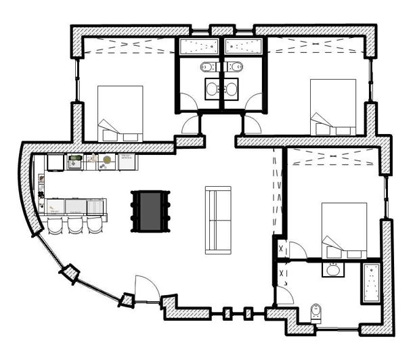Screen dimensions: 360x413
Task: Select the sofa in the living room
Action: (218, 220)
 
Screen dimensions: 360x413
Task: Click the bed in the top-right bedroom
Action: (332, 107)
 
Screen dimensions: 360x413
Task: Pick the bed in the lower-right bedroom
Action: (344, 230)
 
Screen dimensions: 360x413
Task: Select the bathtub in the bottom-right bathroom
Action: (371, 284)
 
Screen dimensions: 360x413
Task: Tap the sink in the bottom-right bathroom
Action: (333, 271)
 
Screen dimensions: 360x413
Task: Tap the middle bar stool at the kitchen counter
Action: (74, 224)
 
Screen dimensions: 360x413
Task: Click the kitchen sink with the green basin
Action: (74, 161)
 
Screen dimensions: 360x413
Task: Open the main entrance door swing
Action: (146, 288)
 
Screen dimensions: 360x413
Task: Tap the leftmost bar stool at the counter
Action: (55, 224)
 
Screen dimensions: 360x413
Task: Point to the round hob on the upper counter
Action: (107, 160)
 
